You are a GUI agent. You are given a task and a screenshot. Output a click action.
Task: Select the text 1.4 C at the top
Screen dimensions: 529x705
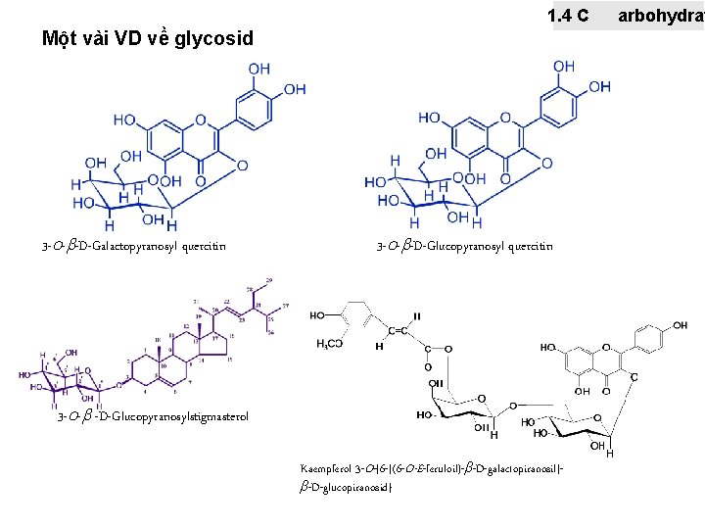pyautogui.click(x=569, y=16)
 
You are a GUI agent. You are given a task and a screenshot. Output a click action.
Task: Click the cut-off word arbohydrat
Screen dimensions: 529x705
pyautogui.click(x=661, y=16)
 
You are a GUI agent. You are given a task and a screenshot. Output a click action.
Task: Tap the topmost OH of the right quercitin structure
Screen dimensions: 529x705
pyautogui.click(x=564, y=66)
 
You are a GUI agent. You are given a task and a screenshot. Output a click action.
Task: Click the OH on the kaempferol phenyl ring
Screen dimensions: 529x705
pyautogui.click(x=679, y=325)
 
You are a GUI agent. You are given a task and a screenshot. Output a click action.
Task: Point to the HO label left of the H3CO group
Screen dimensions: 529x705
pyautogui.click(x=319, y=316)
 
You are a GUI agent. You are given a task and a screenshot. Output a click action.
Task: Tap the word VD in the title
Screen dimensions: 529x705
pyautogui.click(x=129, y=39)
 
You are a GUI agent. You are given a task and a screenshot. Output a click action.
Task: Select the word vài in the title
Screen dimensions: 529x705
pyautogui.click(x=95, y=39)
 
